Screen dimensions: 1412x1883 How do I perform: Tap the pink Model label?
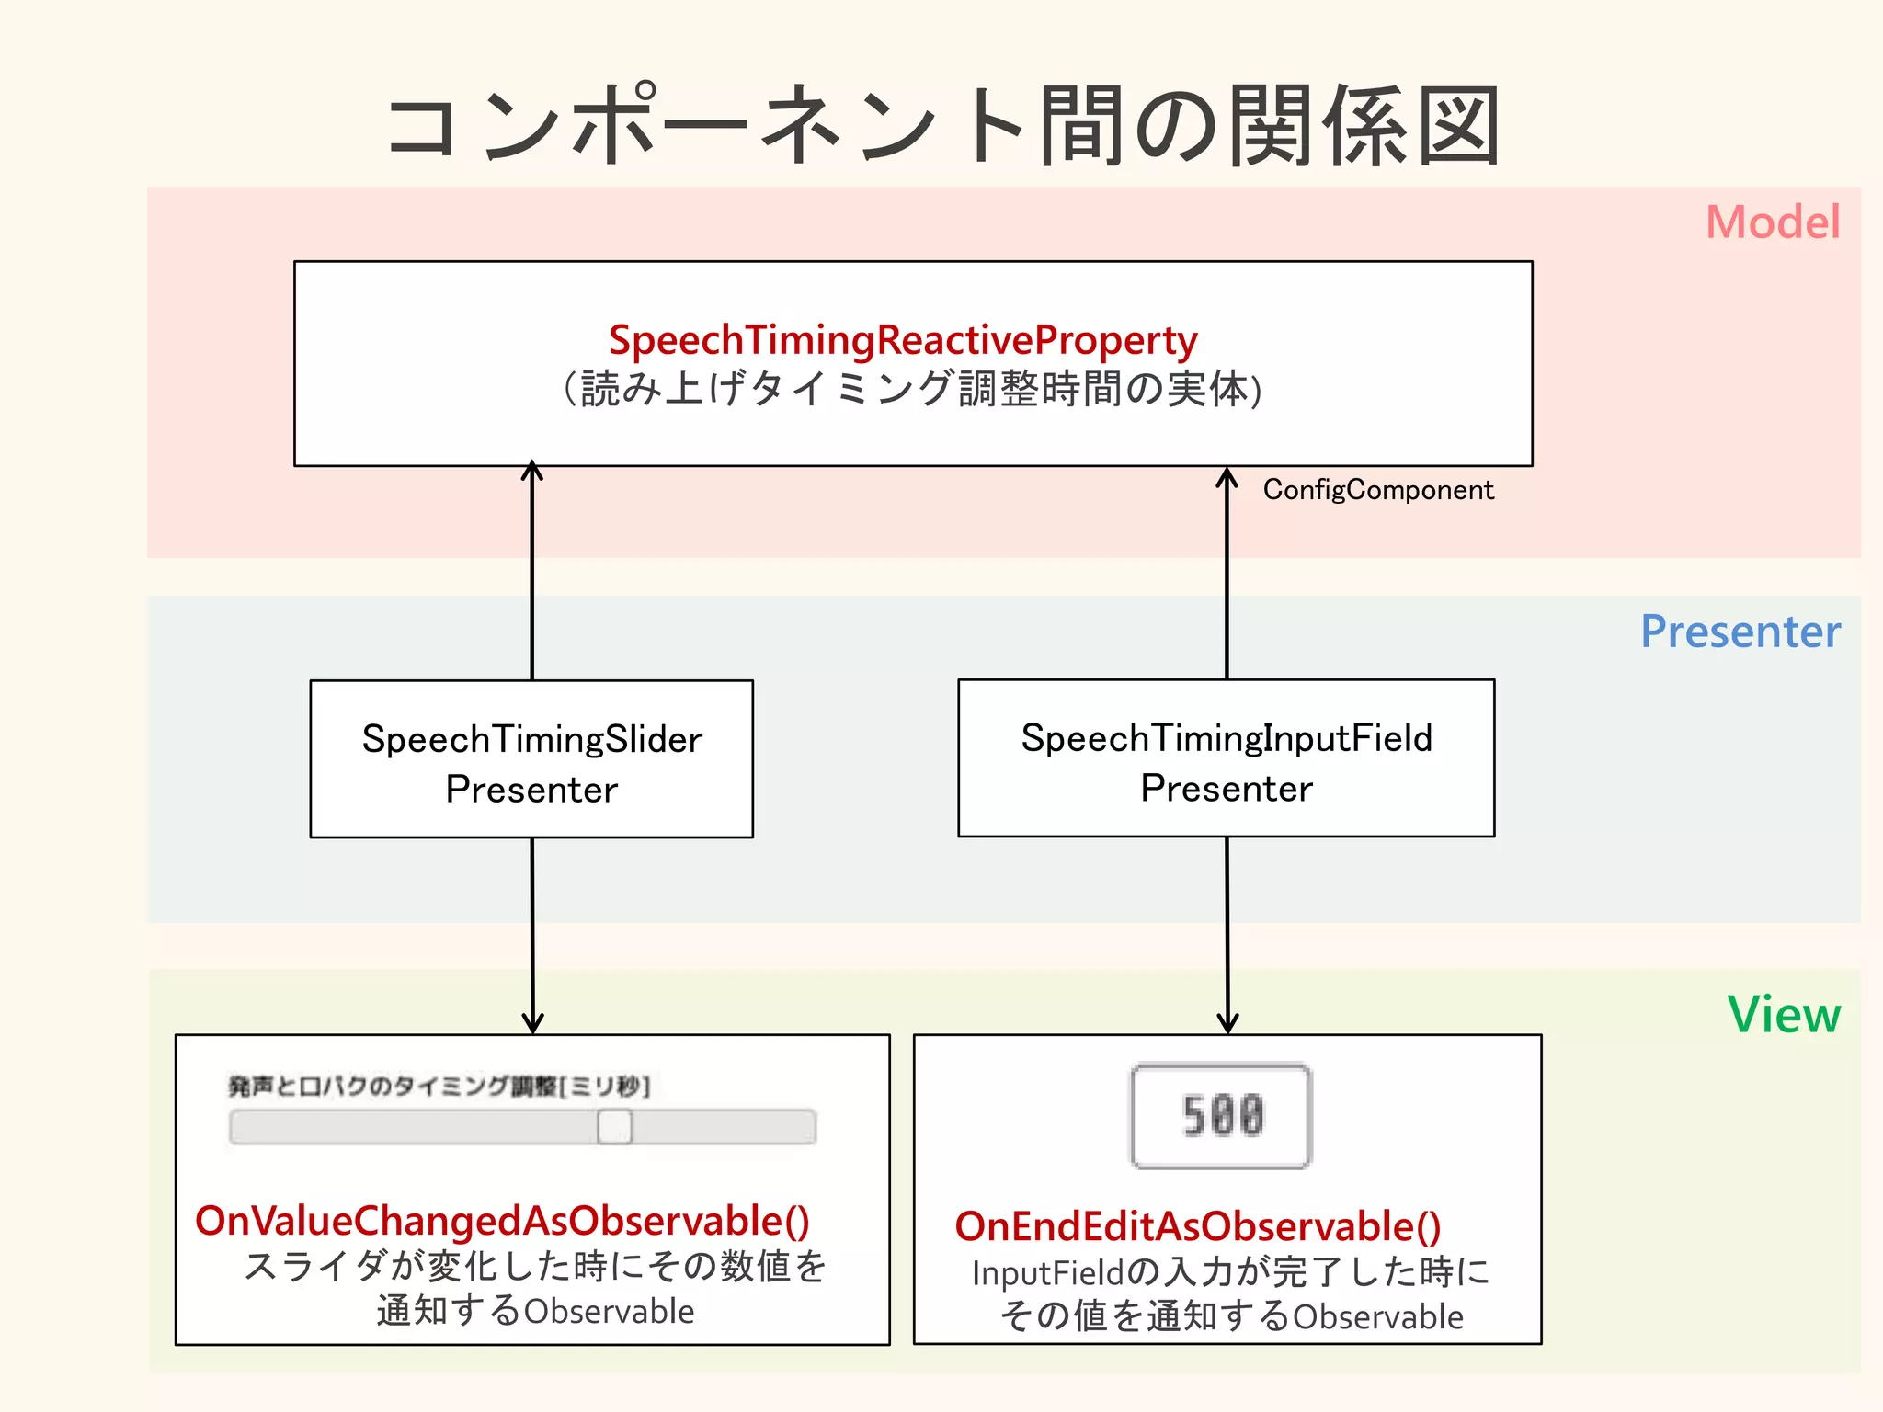[x=1772, y=222]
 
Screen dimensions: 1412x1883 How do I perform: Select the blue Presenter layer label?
[x=1740, y=632]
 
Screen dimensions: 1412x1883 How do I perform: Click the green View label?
[x=1783, y=1015]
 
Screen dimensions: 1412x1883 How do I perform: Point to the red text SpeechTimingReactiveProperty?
[x=902, y=340]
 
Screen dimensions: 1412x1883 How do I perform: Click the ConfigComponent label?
[x=1377, y=490]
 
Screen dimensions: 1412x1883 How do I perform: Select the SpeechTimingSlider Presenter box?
[x=531, y=759]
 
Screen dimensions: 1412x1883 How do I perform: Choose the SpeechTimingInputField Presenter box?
[x=1226, y=758]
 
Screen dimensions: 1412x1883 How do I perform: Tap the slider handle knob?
[x=614, y=1126]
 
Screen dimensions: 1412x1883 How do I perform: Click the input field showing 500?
[x=1221, y=1116]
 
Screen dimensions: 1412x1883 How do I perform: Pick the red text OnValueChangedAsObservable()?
[x=502, y=1221]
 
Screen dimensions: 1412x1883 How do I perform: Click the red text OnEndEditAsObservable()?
[x=1197, y=1226]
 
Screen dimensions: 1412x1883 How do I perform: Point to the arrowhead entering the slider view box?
[x=532, y=1023]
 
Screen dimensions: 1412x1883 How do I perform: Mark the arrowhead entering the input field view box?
[x=1227, y=1023]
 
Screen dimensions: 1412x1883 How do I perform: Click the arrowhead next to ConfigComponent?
[x=1227, y=477]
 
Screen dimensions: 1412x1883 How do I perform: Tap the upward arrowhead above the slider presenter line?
[x=532, y=472]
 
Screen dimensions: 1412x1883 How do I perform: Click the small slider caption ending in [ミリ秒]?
[x=439, y=1087]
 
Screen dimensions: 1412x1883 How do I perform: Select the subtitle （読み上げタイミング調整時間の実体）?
[x=912, y=389]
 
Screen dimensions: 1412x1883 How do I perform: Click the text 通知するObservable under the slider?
[x=535, y=1311]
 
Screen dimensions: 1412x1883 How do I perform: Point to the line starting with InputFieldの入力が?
[x=1230, y=1272]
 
